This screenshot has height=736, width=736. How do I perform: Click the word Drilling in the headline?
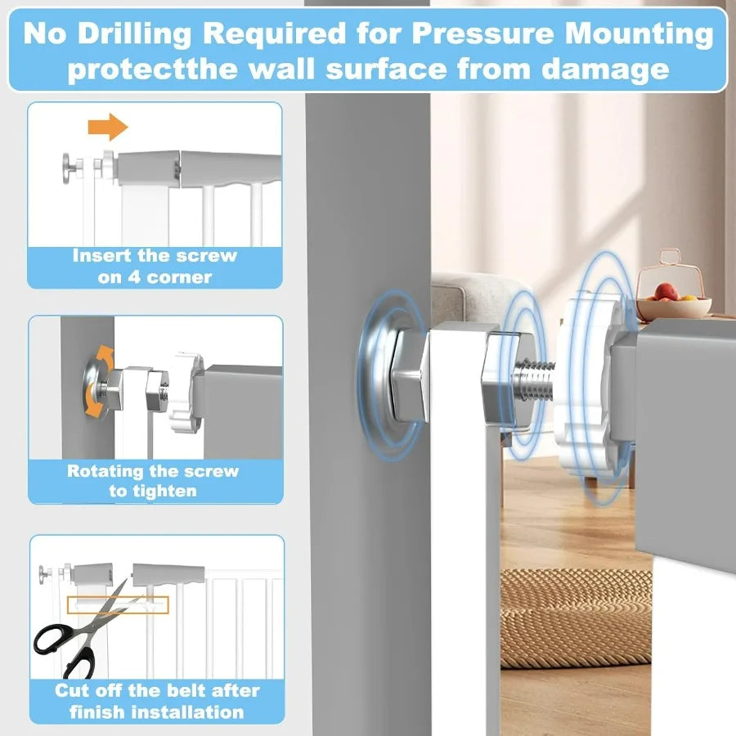click(x=146, y=34)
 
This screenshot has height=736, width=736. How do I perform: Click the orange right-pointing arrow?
click(x=108, y=127)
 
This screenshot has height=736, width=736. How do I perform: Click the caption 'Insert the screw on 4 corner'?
click(x=155, y=266)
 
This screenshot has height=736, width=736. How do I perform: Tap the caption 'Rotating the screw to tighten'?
click(x=153, y=481)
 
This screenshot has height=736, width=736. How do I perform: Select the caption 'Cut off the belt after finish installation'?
click(x=156, y=701)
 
